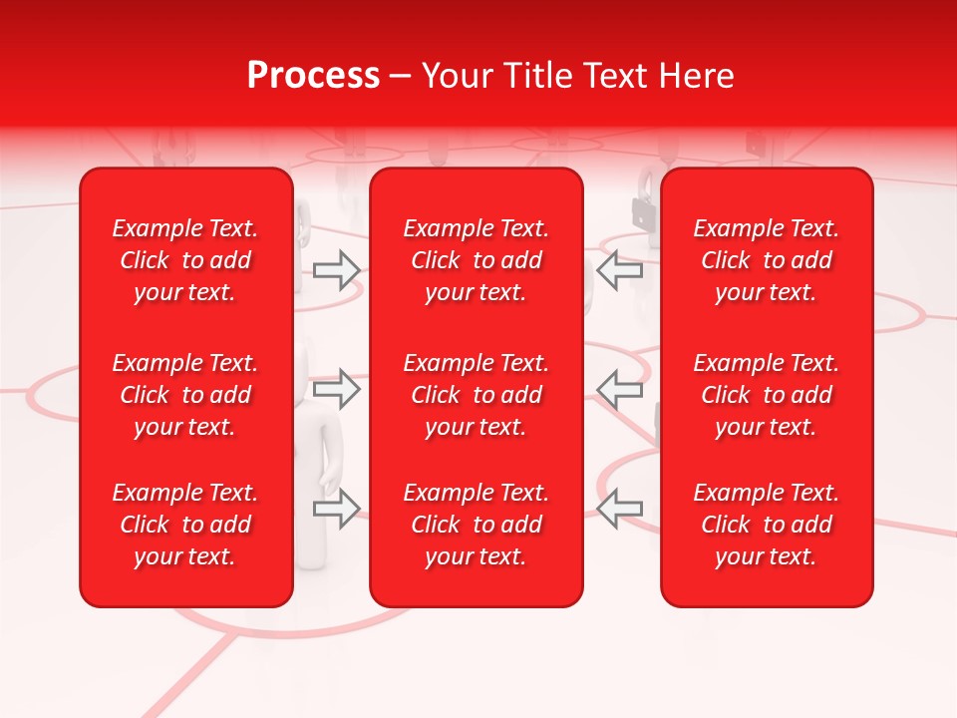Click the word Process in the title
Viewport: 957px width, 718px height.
point(313,76)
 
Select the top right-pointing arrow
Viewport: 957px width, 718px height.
point(337,270)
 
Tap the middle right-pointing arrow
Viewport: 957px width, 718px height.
point(337,389)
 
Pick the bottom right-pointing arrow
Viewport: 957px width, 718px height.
point(337,509)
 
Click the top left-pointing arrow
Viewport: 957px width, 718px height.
point(619,270)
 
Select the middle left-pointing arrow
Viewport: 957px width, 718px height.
point(619,389)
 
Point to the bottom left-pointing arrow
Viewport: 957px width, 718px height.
point(619,509)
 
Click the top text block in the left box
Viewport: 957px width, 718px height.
point(185,260)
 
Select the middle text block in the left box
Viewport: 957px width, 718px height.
point(185,395)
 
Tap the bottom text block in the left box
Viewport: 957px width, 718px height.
point(185,525)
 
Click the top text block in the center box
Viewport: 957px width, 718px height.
point(476,260)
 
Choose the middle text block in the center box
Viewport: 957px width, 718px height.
point(476,395)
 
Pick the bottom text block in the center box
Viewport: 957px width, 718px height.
point(476,525)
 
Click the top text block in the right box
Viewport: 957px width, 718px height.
point(766,260)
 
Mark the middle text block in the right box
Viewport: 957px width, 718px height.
point(766,395)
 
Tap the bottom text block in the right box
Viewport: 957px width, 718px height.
point(766,525)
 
